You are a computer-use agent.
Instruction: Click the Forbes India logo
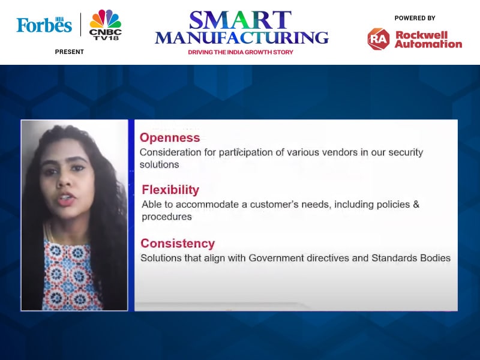point(44,25)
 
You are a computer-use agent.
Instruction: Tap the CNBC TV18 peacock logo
point(106,25)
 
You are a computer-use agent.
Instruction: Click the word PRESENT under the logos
point(70,52)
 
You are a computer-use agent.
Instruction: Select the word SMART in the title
point(240,20)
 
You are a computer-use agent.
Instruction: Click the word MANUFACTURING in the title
point(242,37)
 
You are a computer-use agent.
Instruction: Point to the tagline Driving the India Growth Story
point(241,52)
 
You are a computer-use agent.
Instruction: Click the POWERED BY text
point(415,18)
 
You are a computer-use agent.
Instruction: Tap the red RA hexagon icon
point(379,39)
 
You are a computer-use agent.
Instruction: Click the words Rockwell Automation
point(428,40)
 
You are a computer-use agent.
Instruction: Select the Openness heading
point(170,138)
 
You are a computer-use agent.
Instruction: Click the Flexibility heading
point(170,190)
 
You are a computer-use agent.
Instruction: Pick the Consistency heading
point(178,244)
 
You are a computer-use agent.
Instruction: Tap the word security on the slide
point(406,152)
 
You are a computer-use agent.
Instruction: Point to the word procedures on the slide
point(167,217)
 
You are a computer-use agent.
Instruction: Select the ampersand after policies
point(416,204)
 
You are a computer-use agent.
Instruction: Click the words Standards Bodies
point(411,258)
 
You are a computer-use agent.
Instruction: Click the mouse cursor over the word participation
point(239,151)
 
